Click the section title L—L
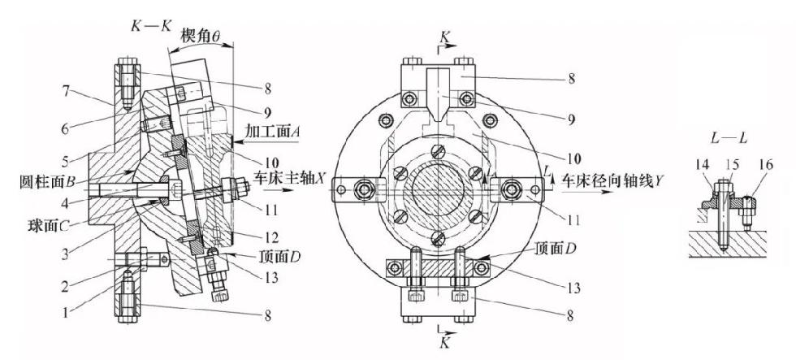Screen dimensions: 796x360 [729, 137]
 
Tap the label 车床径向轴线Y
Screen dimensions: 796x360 [612, 180]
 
